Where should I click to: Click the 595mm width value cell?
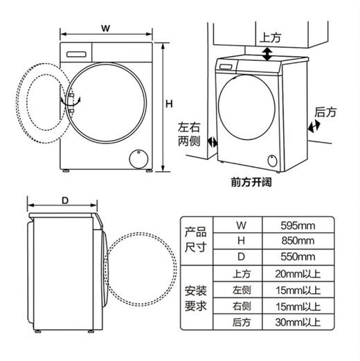point(298,225)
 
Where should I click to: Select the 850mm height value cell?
point(298,241)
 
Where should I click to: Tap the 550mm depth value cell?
point(298,257)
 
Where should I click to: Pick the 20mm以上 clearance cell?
point(298,274)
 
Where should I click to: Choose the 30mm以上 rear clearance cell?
point(298,322)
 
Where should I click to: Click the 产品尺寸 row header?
point(196,241)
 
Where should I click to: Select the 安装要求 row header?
point(196,298)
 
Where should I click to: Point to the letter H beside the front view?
point(168,104)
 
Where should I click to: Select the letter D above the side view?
point(64,200)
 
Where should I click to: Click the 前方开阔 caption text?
point(253,183)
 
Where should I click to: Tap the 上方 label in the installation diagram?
point(270,37)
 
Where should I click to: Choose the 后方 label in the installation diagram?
point(325,111)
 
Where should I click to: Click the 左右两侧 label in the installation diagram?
point(188,133)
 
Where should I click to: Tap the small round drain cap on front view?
point(139,157)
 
